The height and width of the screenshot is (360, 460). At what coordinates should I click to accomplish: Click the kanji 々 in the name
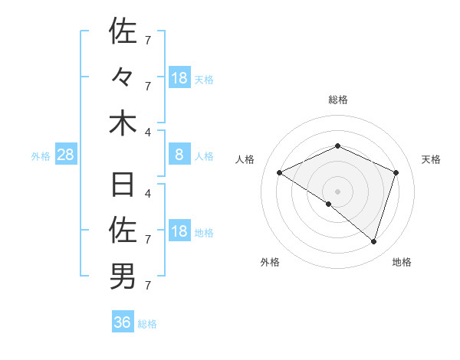point(123,77)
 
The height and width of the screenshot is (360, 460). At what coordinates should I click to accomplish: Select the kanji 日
point(123,185)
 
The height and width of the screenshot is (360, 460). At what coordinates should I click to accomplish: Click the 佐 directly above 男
point(123,229)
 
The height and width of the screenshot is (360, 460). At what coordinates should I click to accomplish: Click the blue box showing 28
point(66,155)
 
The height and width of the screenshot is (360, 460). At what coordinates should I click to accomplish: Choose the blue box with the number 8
point(179,155)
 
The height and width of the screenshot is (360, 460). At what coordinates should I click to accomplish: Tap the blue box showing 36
point(123,322)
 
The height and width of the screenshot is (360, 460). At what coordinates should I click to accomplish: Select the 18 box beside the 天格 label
point(179,78)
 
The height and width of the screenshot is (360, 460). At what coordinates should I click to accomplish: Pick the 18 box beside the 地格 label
point(179,232)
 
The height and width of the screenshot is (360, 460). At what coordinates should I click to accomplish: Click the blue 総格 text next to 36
point(147,324)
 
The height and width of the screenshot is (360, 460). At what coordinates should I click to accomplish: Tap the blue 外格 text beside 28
point(41,156)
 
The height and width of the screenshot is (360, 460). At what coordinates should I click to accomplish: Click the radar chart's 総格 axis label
point(337,100)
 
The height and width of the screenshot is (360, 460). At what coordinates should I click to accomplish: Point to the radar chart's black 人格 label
point(245,159)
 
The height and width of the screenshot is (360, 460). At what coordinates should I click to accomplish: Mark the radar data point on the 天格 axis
point(396,172)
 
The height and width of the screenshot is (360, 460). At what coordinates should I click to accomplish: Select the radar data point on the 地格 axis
point(373,241)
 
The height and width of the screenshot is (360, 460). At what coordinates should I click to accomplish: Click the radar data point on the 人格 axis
point(280,172)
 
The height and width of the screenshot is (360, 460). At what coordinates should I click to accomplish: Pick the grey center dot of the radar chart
point(337,191)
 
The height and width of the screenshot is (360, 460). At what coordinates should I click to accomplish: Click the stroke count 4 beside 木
point(147,133)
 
